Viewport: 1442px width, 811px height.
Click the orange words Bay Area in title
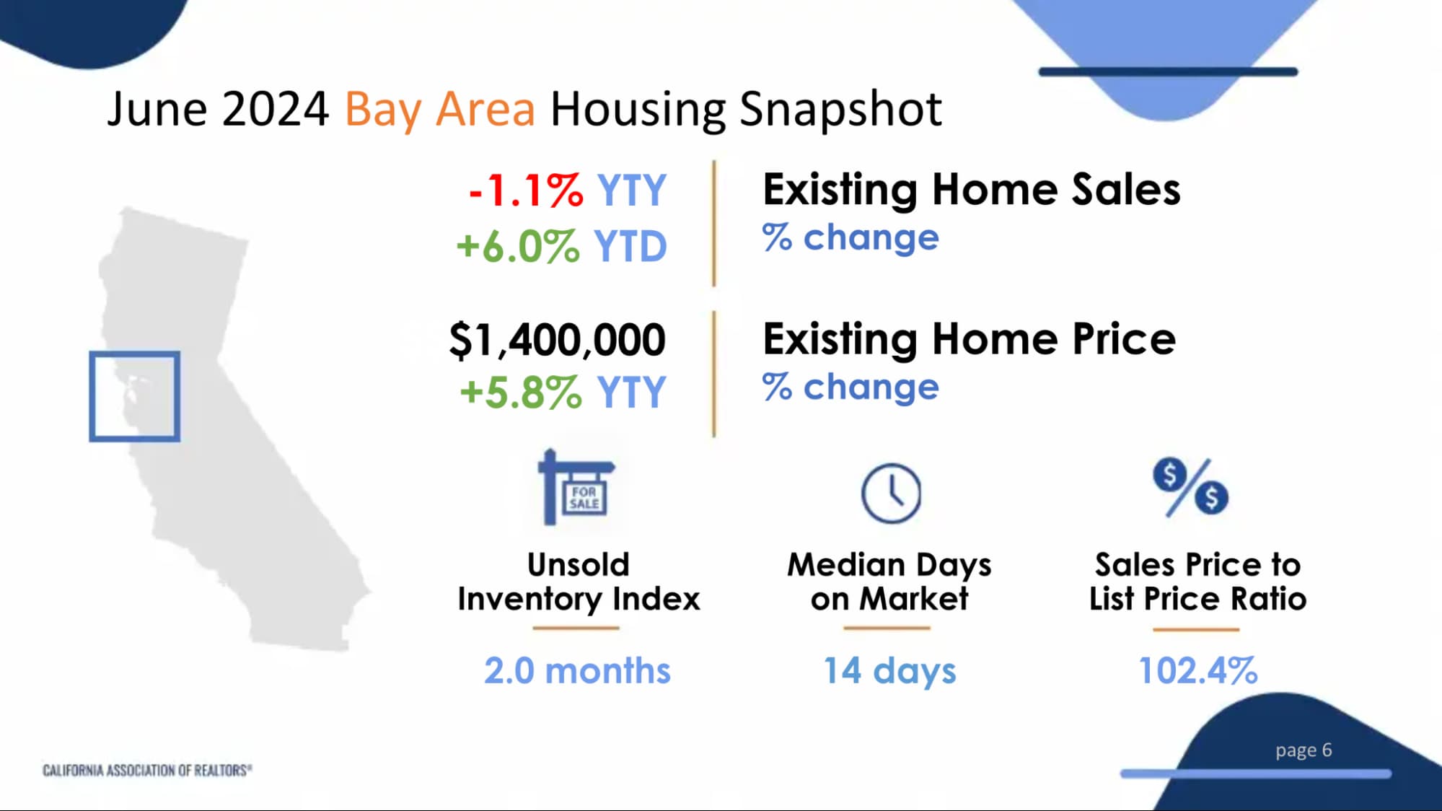(439, 110)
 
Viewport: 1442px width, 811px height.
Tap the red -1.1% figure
(526, 191)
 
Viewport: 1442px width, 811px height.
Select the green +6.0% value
(517, 246)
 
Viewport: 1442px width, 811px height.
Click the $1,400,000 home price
(557, 340)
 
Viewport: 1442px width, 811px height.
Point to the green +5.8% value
(520, 393)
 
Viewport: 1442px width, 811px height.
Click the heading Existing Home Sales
(971, 190)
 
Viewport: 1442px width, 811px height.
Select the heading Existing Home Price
(969, 339)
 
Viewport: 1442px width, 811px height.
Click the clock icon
(891, 494)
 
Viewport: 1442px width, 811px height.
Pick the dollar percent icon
(1190, 487)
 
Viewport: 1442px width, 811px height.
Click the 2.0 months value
(577, 670)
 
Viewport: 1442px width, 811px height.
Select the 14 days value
(889, 671)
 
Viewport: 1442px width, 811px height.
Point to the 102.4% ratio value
(1197, 670)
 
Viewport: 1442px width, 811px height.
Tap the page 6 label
(1303, 750)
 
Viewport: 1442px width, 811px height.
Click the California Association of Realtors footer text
(147, 771)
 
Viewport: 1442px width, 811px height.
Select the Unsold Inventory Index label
(579, 582)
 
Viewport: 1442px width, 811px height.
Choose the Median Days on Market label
(889, 582)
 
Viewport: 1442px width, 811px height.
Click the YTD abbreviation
(630, 246)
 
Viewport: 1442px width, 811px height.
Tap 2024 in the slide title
(275, 110)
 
